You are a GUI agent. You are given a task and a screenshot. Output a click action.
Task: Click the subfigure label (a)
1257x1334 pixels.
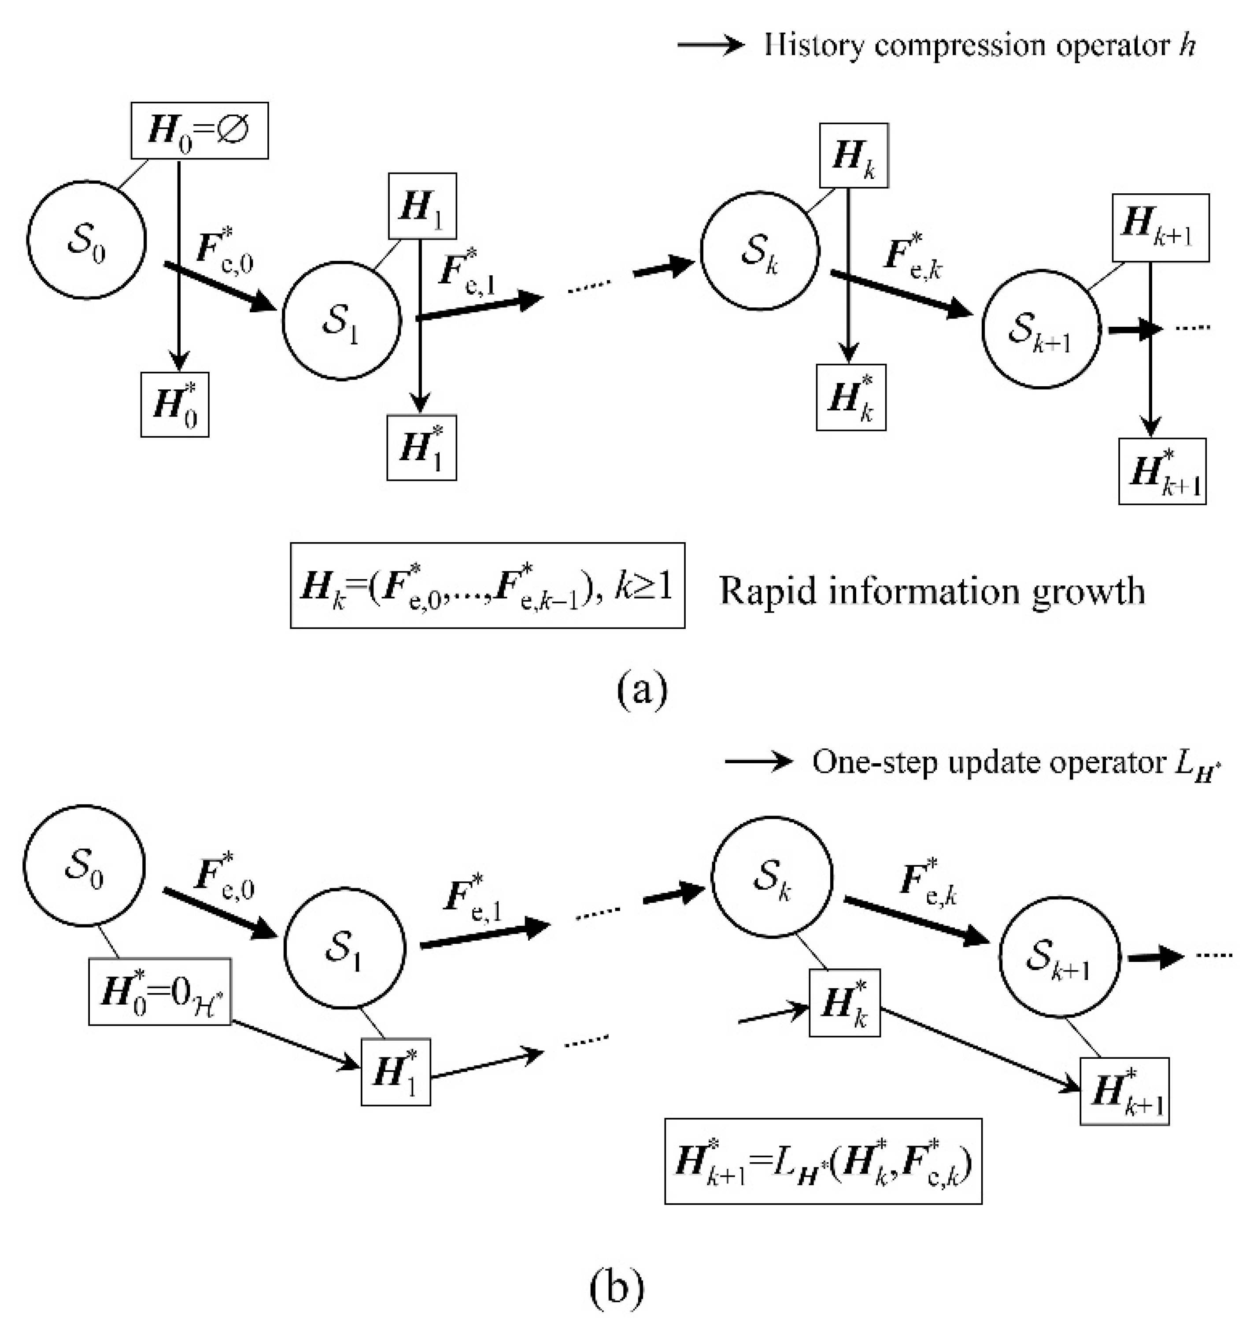tap(642, 688)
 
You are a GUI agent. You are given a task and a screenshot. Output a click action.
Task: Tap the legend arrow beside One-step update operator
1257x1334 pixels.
tap(759, 761)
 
